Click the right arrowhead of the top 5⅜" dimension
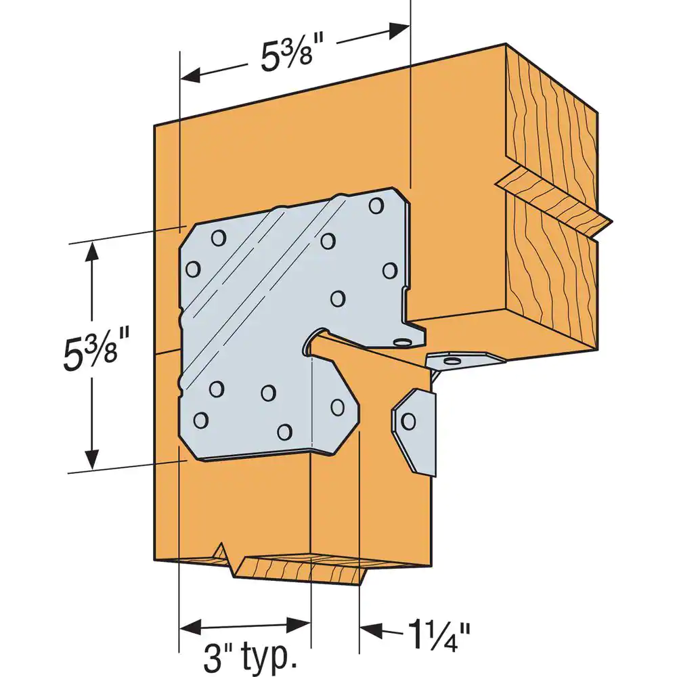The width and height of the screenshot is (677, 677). (x=399, y=30)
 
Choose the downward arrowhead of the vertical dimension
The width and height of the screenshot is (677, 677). (x=92, y=459)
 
